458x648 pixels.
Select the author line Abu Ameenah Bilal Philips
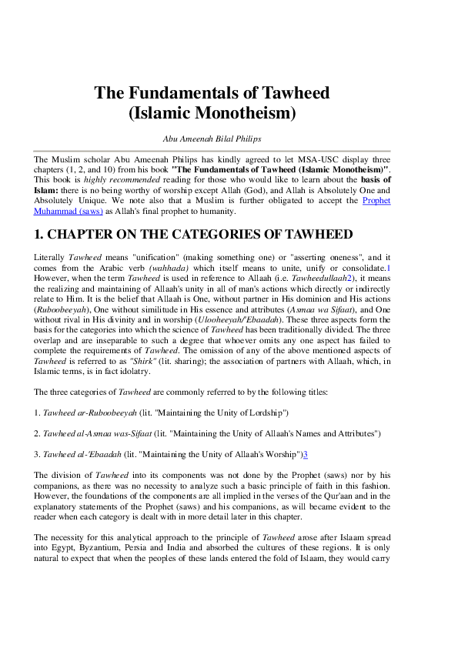[212, 139]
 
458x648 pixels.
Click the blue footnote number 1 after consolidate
[389, 266]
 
